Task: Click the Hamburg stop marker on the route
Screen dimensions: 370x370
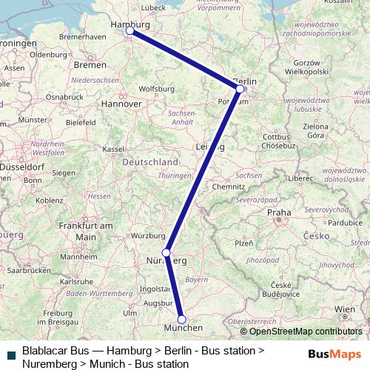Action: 129,30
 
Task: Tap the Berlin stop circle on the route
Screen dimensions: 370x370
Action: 240,89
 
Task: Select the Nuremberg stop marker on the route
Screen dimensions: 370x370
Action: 166,252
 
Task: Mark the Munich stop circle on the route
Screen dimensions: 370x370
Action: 181,320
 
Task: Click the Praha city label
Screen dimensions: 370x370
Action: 279,213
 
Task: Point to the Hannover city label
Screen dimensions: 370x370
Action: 122,104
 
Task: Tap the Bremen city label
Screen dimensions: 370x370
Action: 90,66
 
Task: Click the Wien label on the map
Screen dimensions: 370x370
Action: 344,308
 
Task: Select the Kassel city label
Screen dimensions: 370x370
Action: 113,149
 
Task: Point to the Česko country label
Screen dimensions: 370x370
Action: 316,235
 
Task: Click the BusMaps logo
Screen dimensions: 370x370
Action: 334,354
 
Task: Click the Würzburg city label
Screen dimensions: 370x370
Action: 147,236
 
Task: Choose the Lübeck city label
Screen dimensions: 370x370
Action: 153,7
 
